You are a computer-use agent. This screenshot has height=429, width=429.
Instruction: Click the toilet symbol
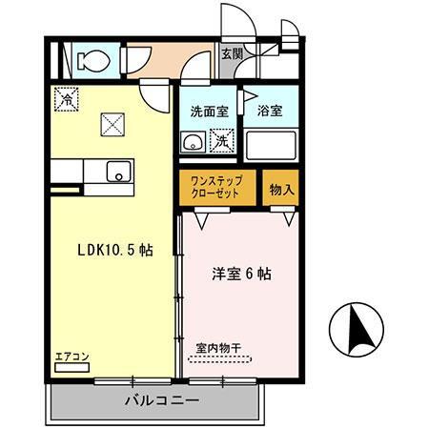(x=92, y=60)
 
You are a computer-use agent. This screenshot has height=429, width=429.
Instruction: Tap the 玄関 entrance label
(x=233, y=54)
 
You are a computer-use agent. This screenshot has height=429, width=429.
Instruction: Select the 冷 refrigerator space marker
(x=67, y=99)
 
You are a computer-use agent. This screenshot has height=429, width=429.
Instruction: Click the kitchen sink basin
(x=119, y=172)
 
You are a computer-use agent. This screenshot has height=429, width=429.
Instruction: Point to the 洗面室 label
(x=210, y=112)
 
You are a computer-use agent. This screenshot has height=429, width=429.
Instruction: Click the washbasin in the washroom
(x=193, y=142)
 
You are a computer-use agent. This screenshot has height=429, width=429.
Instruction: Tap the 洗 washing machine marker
(x=222, y=141)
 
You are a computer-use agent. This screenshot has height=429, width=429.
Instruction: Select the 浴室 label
(x=270, y=111)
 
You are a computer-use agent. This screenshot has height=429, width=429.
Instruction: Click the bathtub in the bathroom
(x=271, y=146)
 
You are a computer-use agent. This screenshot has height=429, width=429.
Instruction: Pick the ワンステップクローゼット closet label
(x=216, y=188)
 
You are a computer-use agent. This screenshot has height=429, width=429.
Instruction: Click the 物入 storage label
(x=281, y=190)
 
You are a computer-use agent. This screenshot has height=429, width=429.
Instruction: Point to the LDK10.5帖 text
(x=115, y=251)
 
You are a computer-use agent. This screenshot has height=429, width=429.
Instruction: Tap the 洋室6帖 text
(x=241, y=274)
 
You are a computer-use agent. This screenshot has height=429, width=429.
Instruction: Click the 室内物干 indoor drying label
(x=218, y=348)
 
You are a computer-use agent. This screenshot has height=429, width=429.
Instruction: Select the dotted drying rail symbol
(x=220, y=359)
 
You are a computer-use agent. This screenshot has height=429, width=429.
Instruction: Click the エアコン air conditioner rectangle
(x=72, y=368)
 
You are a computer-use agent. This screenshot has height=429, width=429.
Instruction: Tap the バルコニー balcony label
(x=162, y=400)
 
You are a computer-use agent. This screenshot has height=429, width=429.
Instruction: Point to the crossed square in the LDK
(x=112, y=125)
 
